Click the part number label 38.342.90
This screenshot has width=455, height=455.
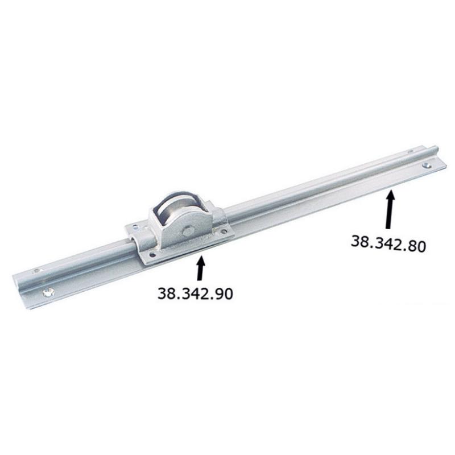click(x=195, y=293)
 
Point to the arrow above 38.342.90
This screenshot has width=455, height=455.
click(x=201, y=268)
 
